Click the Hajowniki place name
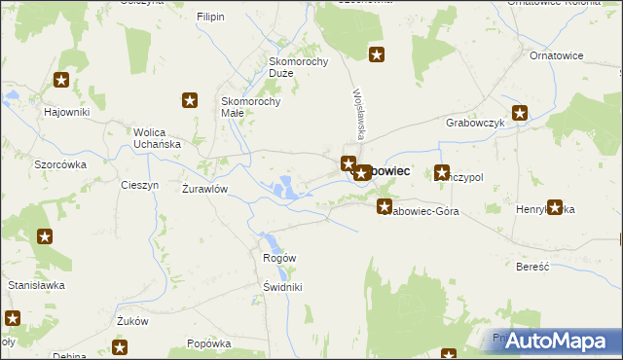67,112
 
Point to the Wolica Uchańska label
158,138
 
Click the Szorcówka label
60,164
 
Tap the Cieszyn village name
139,185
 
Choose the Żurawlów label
205,189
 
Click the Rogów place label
279,258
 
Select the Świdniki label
282,287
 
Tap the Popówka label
209,343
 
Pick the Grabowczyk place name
474,124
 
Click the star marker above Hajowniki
62,82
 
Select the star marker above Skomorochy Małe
191,99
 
